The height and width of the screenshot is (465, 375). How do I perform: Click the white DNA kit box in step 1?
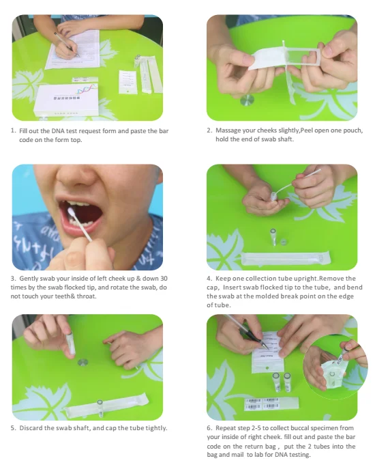(65, 100)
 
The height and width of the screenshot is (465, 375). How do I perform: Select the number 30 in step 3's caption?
(164, 279)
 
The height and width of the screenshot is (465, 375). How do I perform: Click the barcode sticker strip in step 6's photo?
(271, 404)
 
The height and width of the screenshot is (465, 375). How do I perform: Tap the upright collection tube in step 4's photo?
(273, 237)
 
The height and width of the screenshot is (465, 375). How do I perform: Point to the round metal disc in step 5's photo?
(82, 362)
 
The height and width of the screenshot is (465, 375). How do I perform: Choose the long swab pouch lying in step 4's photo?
(286, 258)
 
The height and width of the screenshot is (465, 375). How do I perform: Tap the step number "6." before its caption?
(209, 428)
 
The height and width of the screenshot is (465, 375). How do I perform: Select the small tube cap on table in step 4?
(283, 242)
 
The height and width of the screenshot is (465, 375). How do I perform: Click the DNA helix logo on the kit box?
(87, 89)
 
